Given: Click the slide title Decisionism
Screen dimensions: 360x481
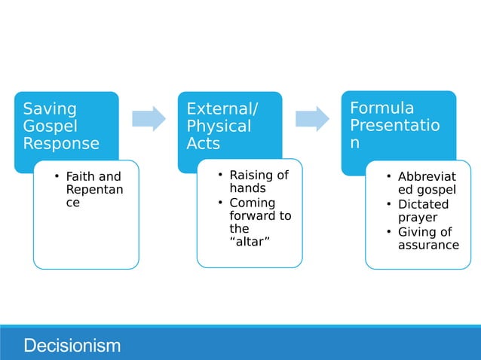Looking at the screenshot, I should coord(72,346).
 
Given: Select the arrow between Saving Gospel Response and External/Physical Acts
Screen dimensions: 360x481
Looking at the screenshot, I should coord(149,118).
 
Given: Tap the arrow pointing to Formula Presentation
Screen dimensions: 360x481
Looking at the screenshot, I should coord(312,118).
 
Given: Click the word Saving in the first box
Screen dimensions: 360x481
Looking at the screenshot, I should coord(50,110).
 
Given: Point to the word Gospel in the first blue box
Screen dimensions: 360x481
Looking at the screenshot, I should coord(50,126).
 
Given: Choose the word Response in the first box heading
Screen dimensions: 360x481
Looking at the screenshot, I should coord(60,142).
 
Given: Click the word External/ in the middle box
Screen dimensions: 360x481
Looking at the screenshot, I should coord(222,110).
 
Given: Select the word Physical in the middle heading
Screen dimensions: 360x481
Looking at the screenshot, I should coord(219,126).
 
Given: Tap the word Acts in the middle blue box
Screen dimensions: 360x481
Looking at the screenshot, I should coord(203,142).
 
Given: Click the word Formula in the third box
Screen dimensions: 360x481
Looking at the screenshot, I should coord(381,108).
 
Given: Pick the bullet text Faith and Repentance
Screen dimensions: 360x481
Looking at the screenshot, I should coord(94,190).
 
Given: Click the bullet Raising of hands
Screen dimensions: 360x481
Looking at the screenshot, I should coord(259,182).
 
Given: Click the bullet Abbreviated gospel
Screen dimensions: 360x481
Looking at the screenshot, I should coord(427,184).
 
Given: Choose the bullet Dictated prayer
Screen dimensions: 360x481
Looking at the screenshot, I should coord(423,211).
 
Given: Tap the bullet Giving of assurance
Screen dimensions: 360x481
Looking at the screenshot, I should coord(427,238).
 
